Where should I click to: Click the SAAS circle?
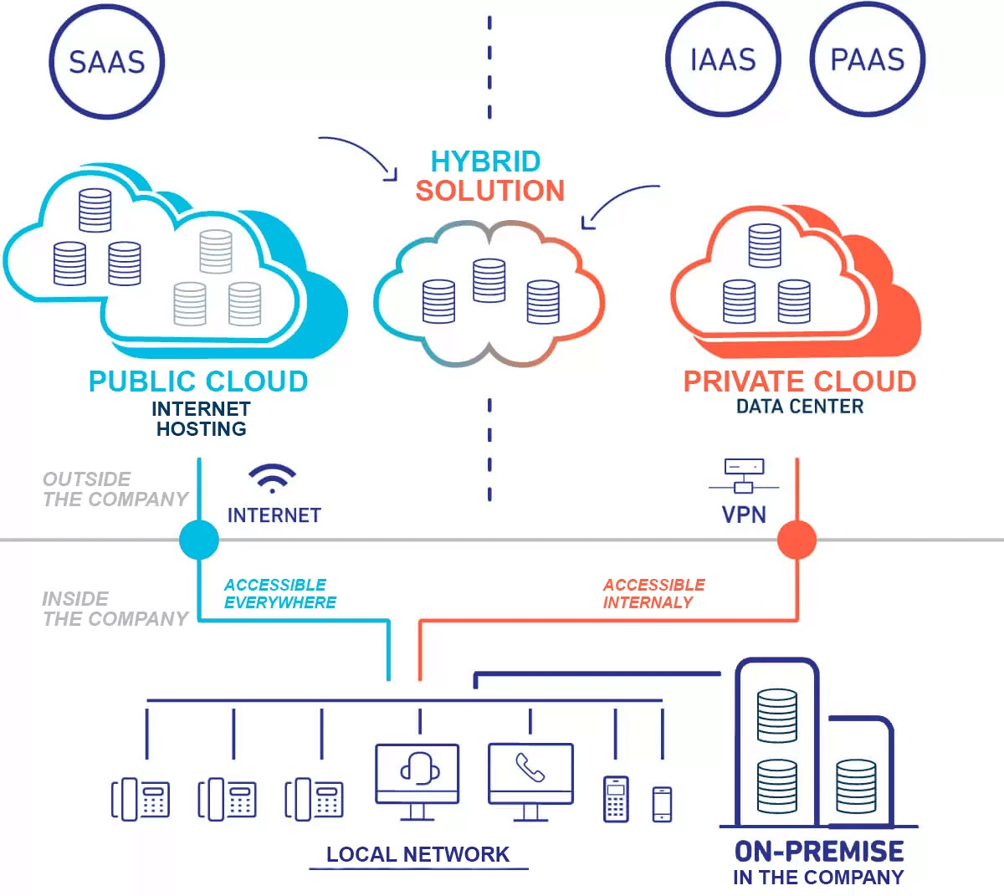pyautogui.click(x=106, y=62)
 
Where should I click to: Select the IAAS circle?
pyautogui.click(x=723, y=60)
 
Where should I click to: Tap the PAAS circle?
pyautogui.click(x=868, y=60)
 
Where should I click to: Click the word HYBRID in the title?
pyautogui.click(x=485, y=161)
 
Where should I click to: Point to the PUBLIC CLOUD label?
pyautogui.click(x=198, y=381)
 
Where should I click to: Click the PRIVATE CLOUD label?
pyautogui.click(x=799, y=381)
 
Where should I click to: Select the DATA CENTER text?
pyautogui.click(x=799, y=407)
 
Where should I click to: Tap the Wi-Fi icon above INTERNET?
pyautogui.click(x=272, y=478)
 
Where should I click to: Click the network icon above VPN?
pyautogui.click(x=744, y=476)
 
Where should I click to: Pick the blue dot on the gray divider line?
pyautogui.click(x=199, y=540)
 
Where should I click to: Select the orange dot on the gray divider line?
pyautogui.click(x=797, y=540)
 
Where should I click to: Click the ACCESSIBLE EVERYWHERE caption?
pyautogui.click(x=279, y=593)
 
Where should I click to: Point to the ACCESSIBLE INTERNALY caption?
pyautogui.click(x=653, y=593)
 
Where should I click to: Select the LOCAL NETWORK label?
pyautogui.click(x=417, y=854)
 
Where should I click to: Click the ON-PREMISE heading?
pyautogui.click(x=818, y=852)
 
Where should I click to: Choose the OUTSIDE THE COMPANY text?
pyautogui.click(x=115, y=489)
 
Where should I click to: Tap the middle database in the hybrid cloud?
pyautogui.click(x=489, y=280)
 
